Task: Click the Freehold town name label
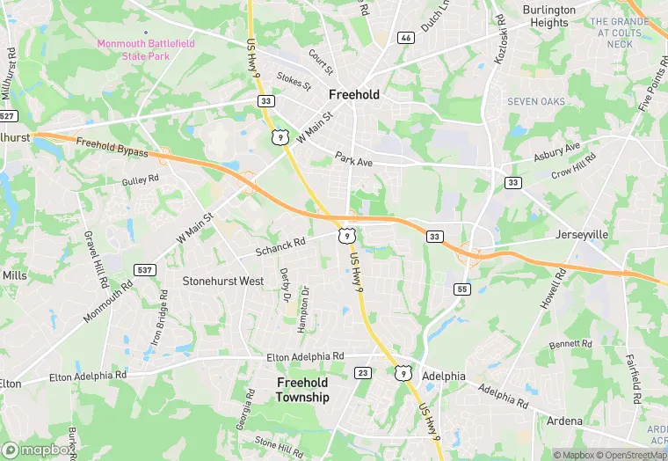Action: coord(354,94)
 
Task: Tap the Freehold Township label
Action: coord(302,390)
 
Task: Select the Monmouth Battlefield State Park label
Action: coord(146,49)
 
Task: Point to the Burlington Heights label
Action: coord(550,17)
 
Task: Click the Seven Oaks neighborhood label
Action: coord(536,102)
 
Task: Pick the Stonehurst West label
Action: coord(222,282)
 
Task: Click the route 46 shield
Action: coord(405,38)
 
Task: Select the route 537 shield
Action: coord(146,268)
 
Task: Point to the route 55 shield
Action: coord(461,289)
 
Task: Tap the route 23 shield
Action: coord(363,372)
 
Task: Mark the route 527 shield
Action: coord(8,116)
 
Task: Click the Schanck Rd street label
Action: coord(280,247)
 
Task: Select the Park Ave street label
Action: coord(354,159)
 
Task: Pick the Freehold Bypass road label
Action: coord(112,149)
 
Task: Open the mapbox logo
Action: coord(39,450)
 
